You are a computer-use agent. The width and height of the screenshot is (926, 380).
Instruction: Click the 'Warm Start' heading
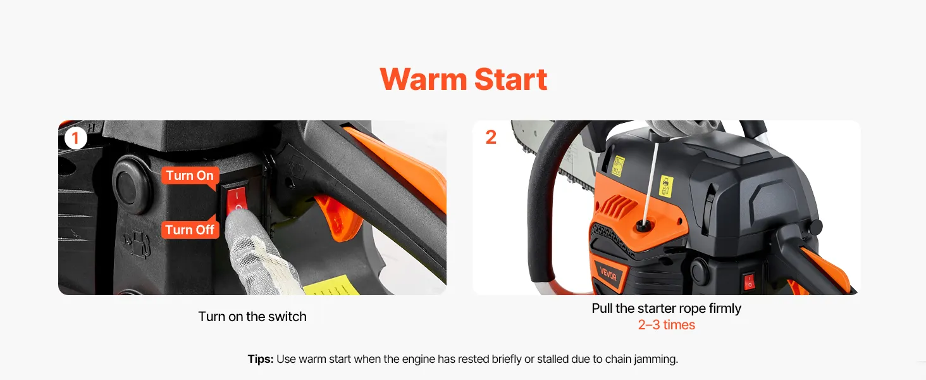coord(464,79)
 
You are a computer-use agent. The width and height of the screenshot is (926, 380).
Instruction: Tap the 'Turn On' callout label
coord(190,175)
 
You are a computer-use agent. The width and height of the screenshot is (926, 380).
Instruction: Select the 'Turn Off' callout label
coord(190,229)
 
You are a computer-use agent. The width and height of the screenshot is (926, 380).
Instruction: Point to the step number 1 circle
coord(76,138)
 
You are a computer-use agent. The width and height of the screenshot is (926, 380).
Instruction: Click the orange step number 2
coord(491,137)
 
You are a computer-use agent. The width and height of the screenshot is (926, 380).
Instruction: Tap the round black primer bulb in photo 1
coord(131,185)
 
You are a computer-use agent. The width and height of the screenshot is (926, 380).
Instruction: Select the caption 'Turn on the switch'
coord(252,317)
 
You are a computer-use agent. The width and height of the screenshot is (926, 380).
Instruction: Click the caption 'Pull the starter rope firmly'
coord(667,308)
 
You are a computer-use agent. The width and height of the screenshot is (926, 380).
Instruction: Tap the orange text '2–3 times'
coord(667,325)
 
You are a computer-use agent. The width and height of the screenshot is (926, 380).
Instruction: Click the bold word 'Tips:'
coord(261,359)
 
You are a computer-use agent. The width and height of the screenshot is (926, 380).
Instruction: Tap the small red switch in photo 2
coord(749,281)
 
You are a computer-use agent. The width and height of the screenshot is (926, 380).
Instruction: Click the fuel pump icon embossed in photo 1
coord(138,244)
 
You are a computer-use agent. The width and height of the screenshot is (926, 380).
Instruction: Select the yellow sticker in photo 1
coord(333,285)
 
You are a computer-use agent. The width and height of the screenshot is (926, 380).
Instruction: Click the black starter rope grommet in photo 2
coord(643,225)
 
